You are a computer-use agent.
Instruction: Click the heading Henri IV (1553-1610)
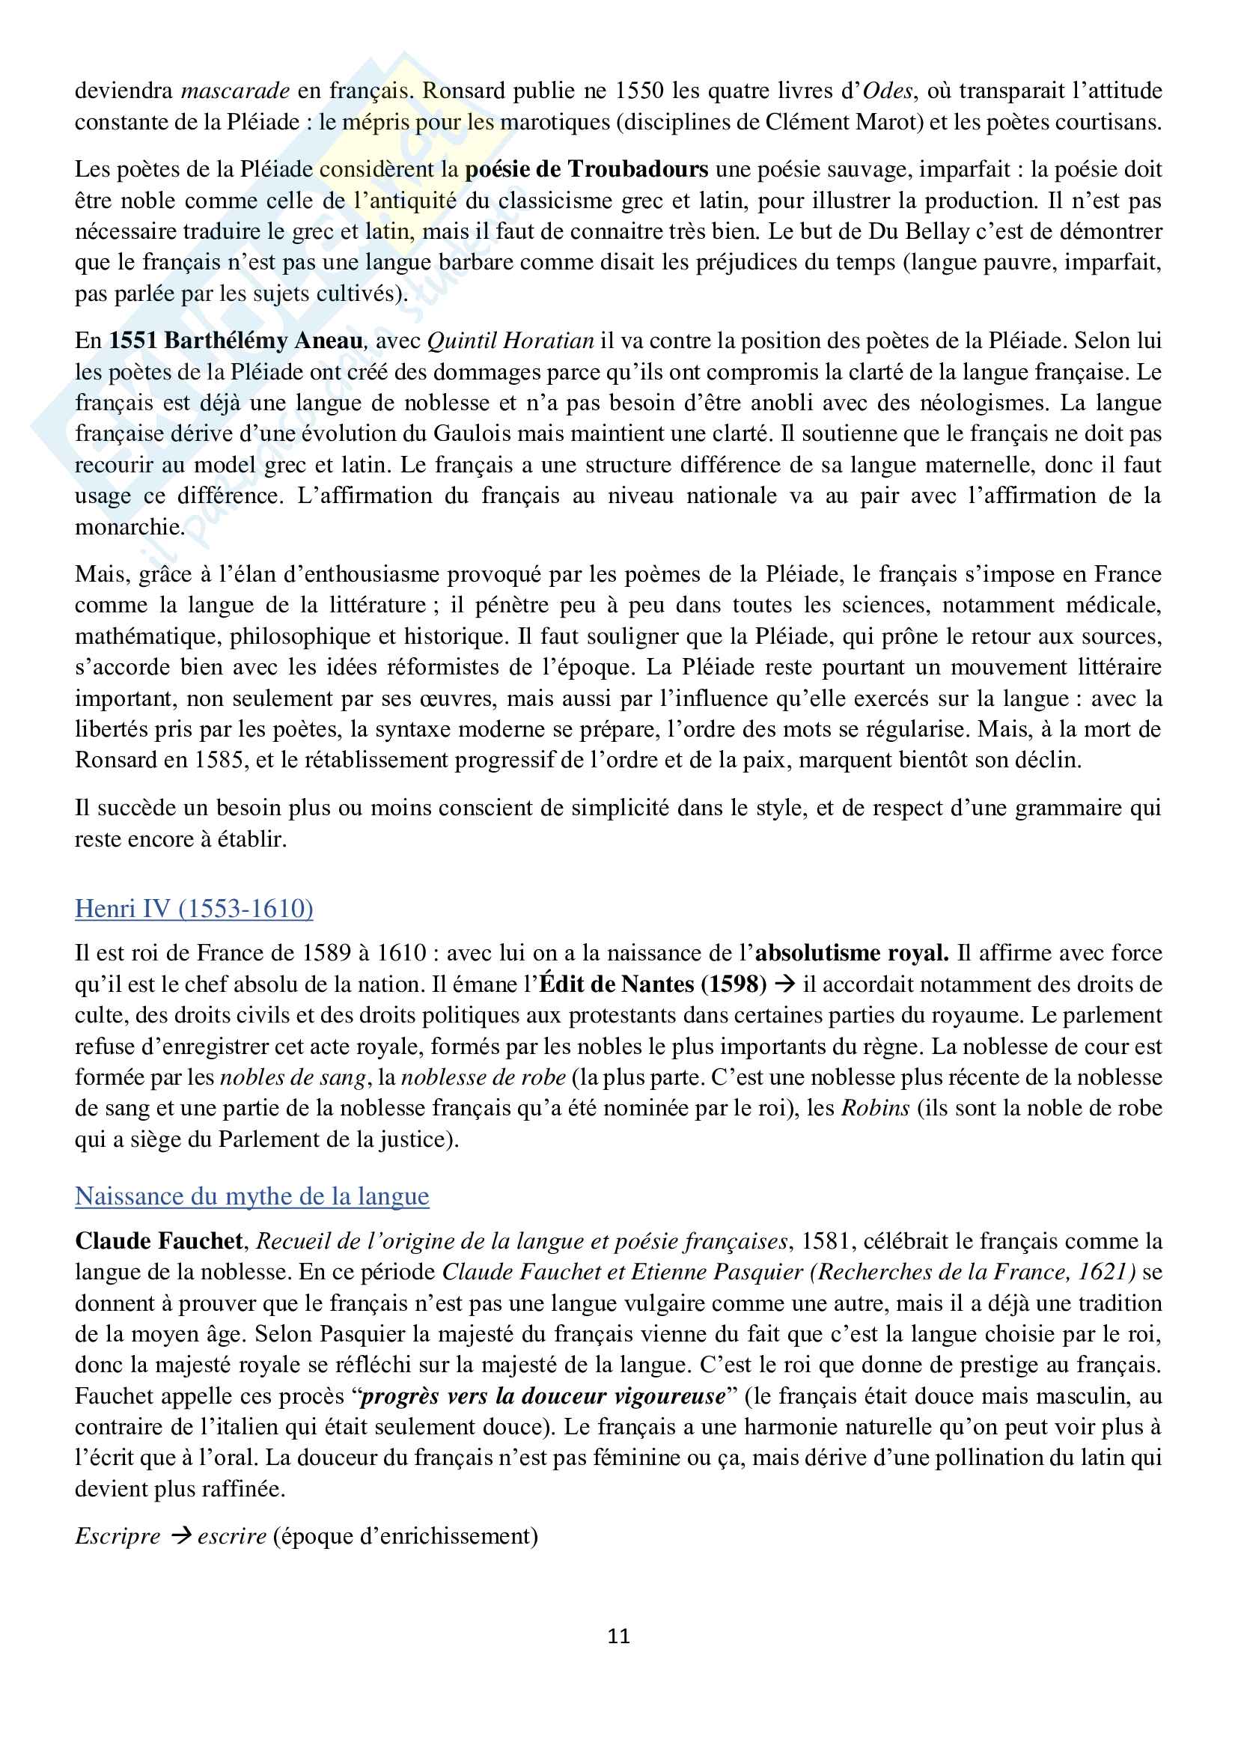194,908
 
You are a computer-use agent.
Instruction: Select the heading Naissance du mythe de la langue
251,1196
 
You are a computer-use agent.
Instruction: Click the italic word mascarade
235,91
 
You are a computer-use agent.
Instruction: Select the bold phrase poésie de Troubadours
586,169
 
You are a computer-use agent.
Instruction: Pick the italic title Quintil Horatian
510,341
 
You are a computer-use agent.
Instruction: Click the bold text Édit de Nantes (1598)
653,984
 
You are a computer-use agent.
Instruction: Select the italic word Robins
875,1108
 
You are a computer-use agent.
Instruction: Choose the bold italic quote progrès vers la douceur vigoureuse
542,1396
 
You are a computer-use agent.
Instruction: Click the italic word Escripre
118,1536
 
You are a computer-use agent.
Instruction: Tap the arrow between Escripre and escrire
180,1536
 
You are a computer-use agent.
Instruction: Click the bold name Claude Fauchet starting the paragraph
159,1241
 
